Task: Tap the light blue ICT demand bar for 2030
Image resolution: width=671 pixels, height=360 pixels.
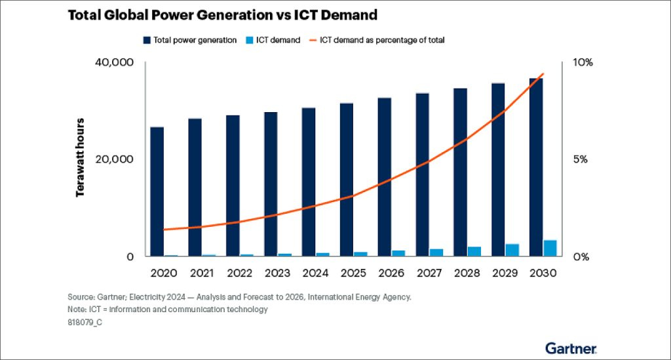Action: coord(550,249)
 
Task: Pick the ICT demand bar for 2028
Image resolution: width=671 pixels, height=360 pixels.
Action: coord(474,252)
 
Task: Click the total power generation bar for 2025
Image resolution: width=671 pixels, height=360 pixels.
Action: coord(347,180)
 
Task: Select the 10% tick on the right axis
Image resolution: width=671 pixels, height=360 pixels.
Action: coord(582,63)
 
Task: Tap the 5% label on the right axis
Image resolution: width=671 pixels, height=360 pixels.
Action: coord(579,159)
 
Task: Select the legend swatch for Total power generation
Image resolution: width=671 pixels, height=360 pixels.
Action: coord(147,41)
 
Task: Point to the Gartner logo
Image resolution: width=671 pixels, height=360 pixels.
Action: coord(570,348)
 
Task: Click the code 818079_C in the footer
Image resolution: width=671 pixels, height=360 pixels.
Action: coord(85,323)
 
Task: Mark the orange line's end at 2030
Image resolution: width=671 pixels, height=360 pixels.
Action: coord(543,73)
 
